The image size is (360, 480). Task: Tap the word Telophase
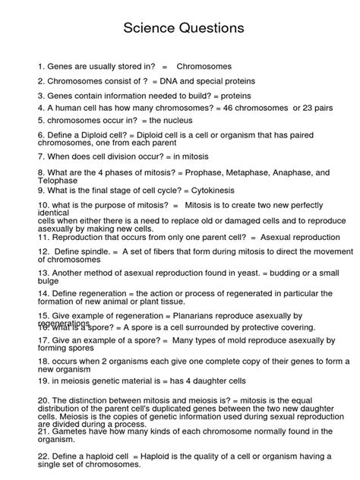coord(58,182)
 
